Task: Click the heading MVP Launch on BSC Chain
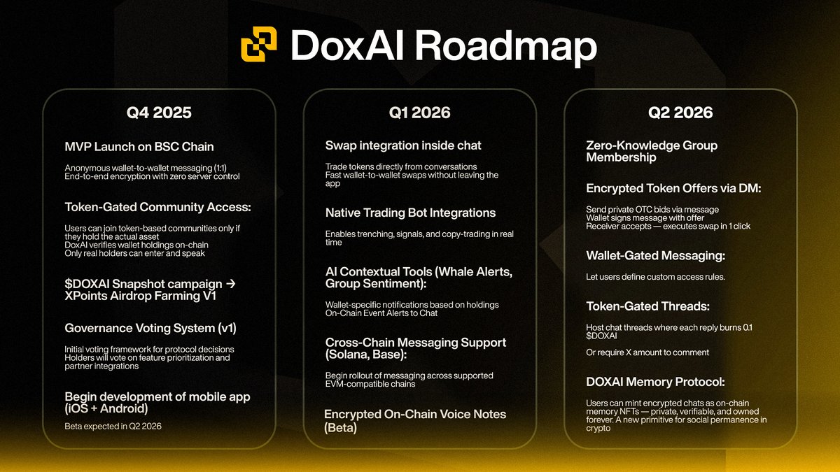pos(139,147)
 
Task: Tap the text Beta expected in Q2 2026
pos(113,426)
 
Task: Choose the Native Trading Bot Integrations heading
pos(410,213)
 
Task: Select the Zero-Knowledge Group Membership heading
pos(651,152)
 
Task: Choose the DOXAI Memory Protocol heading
pos(655,382)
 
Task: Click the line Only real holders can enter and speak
pos(135,253)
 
